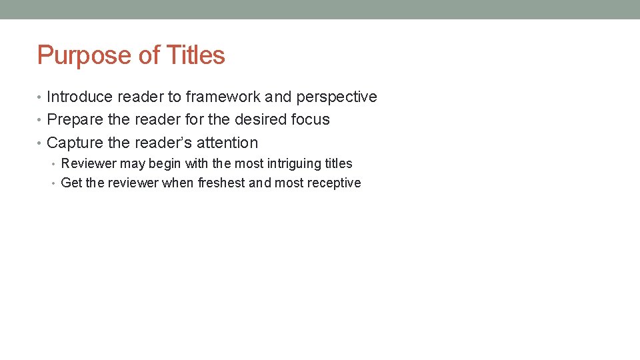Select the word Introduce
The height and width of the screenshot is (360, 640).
tap(80, 97)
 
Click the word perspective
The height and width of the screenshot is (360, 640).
tap(337, 97)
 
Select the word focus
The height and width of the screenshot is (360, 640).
tap(311, 119)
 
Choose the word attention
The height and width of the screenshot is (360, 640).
tap(227, 143)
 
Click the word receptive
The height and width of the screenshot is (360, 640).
tap(334, 183)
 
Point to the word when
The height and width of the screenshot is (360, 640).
tap(178, 183)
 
